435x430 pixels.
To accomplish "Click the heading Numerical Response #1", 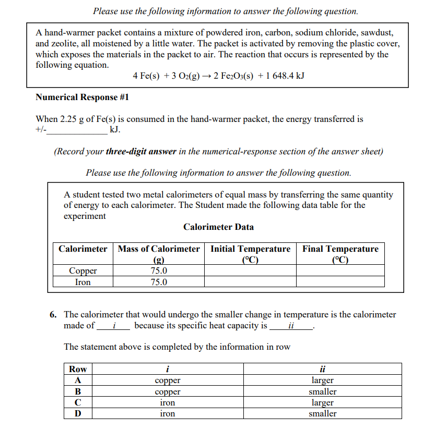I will (82, 97).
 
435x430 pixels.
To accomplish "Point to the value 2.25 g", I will (72, 119).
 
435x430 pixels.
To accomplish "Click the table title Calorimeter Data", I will (218, 227).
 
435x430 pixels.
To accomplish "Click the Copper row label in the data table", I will (83, 271).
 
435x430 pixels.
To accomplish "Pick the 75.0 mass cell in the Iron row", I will (159, 282).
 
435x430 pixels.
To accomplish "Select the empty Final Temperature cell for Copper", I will (340, 271).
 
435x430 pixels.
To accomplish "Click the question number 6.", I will (53, 314).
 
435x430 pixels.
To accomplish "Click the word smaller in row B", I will (322, 391).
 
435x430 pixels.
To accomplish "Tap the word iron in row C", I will (167, 402).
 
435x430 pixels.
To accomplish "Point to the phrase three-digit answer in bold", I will (140, 152).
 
